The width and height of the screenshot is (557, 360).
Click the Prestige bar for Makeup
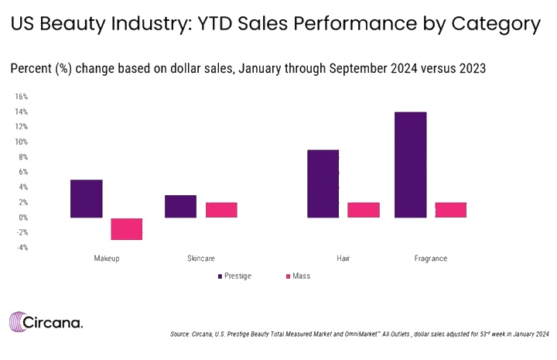86,198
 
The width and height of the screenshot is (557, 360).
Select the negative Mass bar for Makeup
126,228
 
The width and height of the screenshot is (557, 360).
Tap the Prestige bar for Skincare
180,206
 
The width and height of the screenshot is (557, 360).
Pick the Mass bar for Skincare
220,210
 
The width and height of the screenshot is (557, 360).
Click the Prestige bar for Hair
323,183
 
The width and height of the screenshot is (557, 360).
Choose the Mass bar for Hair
363,210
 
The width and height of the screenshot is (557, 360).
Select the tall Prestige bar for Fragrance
410,164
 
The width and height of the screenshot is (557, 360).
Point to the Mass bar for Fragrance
450,210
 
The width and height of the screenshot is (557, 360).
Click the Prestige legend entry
234,276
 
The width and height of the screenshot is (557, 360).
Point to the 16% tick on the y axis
22,97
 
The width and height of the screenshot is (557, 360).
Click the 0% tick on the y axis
23,218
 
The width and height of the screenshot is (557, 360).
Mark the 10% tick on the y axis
22,142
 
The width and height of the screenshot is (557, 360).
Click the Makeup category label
106,258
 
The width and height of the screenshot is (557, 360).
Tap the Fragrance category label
430,258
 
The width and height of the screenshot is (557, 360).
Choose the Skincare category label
200,258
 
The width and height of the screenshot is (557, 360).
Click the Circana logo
46,321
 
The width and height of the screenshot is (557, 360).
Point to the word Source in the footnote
181,334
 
